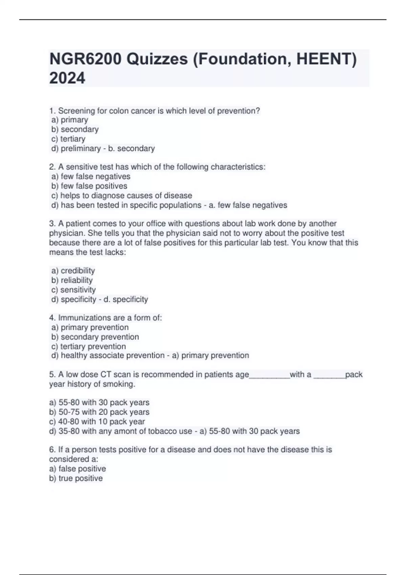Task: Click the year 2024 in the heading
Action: [67, 78]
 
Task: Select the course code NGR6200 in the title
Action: [85, 59]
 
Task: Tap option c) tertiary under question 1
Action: [68, 139]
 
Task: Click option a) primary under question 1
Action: [70, 120]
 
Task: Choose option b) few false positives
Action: [89, 186]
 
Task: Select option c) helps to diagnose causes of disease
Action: [122, 195]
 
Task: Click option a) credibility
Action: [73, 271]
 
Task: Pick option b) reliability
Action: [72, 280]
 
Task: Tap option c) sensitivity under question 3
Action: [73, 290]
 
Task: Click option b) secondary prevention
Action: [95, 337]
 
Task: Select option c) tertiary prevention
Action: [89, 346]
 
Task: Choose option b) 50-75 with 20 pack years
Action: [99, 412]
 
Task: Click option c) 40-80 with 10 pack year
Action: [97, 421]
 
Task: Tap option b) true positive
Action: [76, 478]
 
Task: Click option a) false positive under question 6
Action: [77, 469]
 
